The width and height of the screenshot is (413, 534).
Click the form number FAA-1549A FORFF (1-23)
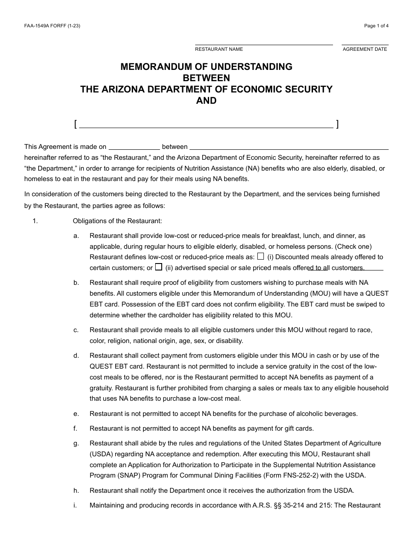coord(52,26)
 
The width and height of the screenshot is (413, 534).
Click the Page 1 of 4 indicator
coord(376,26)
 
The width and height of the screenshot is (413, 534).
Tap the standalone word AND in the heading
coord(206,101)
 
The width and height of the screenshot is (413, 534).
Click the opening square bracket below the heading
coord(76,125)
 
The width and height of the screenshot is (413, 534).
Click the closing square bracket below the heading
coord(337,125)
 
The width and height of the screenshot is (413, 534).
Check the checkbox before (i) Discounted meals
coord(260,256)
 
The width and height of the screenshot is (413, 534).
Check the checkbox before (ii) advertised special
coord(159,267)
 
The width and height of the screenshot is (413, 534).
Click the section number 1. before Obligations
coord(35,221)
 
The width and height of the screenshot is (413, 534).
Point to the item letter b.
coord(76,283)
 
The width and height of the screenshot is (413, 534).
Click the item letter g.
coord(76,443)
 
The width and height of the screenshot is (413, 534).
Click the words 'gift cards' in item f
coord(299,429)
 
